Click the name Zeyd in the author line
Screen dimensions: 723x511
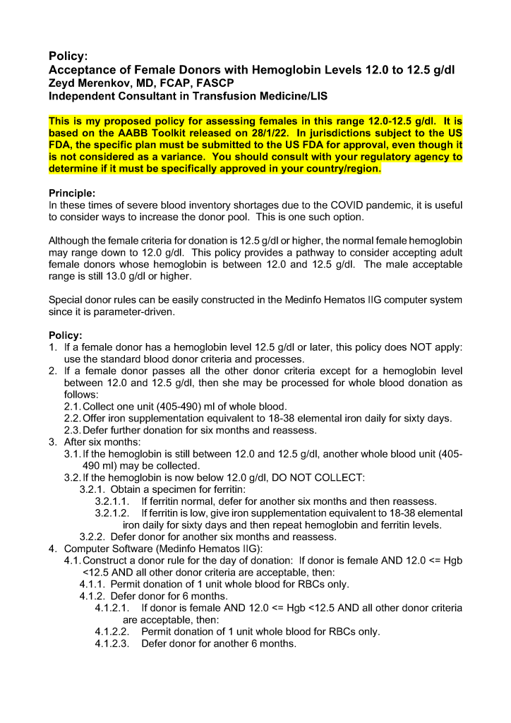pos(63,83)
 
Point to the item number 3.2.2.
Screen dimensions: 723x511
pos(93,537)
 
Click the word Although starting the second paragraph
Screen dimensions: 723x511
pos(72,241)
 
